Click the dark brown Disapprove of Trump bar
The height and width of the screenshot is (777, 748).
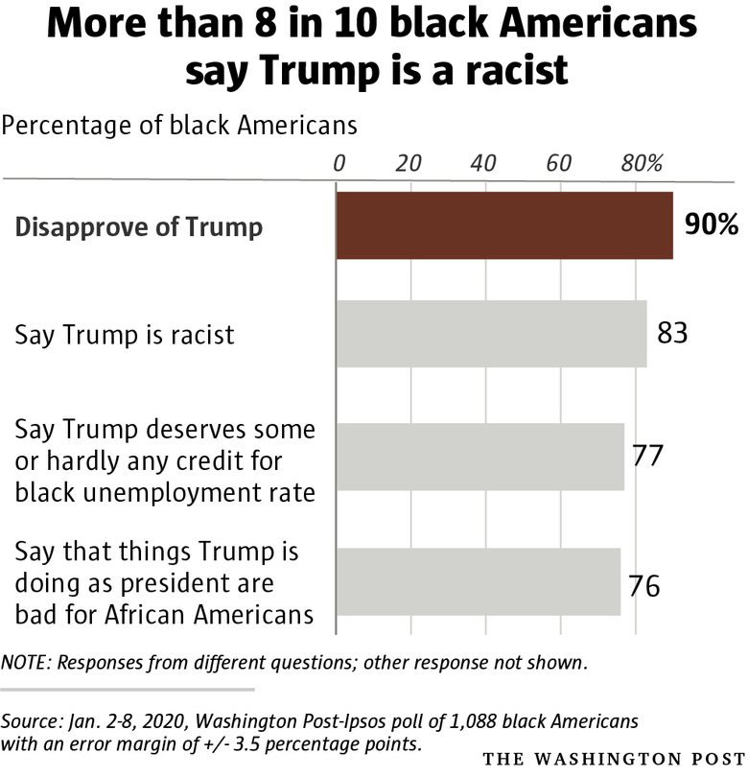504,225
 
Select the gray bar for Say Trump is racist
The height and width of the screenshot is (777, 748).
491,334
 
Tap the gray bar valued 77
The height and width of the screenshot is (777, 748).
479,457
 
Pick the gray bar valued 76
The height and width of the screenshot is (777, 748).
478,581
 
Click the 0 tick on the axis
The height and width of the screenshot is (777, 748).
339,162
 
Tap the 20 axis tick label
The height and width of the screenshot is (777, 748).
410,162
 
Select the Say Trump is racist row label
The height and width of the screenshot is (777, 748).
126,335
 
